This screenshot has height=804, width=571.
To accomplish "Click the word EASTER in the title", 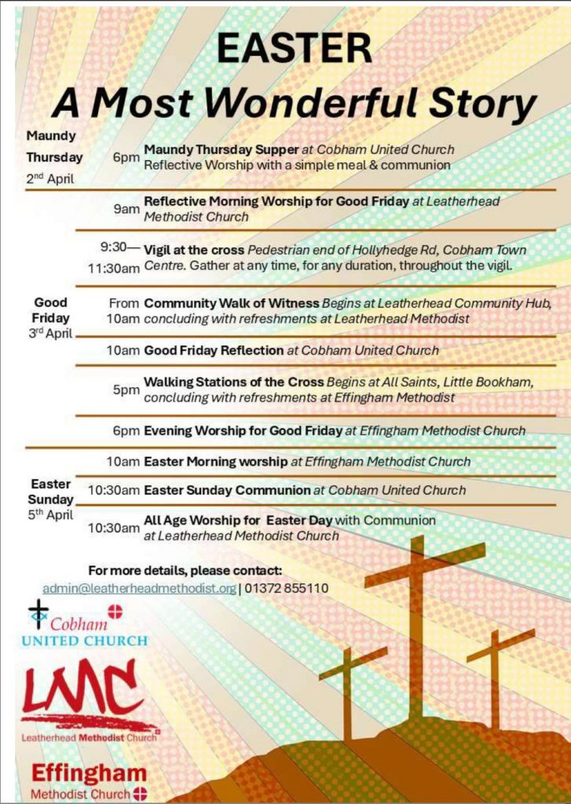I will click(x=295, y=49).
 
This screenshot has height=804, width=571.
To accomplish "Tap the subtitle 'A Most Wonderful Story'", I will click(x=294, y=102).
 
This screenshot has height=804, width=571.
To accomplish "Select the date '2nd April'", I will click(x=50, y=178).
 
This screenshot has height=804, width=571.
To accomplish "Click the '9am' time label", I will click(x=126, y=209).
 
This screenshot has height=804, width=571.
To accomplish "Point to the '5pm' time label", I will click(x=126, y=389).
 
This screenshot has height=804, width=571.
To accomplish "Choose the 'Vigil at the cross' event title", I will click(x=194, y=250).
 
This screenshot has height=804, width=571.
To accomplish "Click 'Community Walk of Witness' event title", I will click(x=232, y=303).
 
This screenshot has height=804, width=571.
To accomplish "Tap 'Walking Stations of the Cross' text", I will click(x=233, y=382).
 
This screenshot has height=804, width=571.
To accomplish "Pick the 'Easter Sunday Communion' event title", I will click(x=227, y=490).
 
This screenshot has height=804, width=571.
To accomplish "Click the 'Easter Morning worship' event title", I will click(x=216, y=462).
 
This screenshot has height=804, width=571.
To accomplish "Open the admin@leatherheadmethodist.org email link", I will click(x=139, y=588).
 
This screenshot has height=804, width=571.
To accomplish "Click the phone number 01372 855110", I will click(x=286, y=588).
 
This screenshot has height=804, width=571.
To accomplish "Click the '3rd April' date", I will click(x=50, y=333).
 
